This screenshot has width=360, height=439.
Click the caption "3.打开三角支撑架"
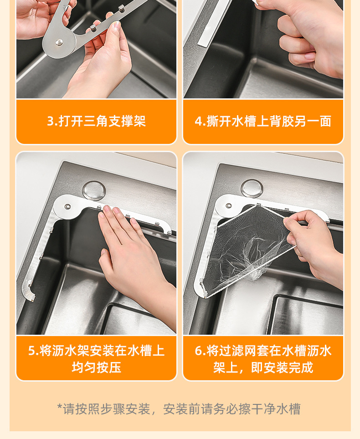click(96, 121)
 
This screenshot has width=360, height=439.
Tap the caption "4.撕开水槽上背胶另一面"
click(263, 121)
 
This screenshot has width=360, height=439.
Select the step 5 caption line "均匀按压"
click(96, 368)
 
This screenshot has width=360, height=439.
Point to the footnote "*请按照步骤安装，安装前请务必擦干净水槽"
click(179, 409)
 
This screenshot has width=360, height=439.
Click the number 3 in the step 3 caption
click(51, 122)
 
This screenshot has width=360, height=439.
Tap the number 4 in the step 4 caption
click(199, 122)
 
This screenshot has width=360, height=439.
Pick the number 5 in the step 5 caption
click(32, 351)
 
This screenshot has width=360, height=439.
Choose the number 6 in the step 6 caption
click(199, 351)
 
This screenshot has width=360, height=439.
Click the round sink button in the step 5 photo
click(94, 190)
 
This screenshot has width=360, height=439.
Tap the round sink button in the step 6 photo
click(252, 188)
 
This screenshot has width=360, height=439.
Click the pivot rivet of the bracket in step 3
click(59, 42)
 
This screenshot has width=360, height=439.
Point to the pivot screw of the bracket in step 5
click(67, 207)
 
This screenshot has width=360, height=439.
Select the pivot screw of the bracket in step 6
click(229, 206)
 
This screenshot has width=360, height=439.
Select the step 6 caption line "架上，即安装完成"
click(263, 368)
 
